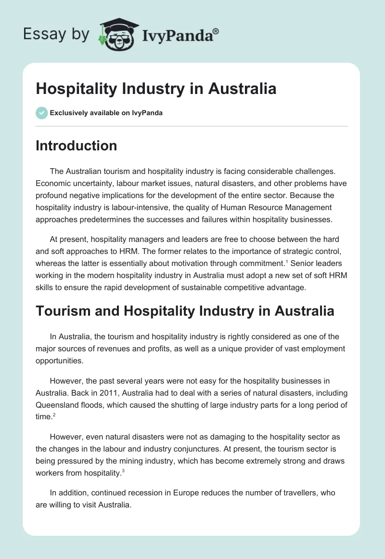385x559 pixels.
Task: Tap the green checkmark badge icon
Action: click(41, 113)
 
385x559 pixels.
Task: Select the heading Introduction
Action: click(76, 146)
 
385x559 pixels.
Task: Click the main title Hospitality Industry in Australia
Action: click(156, 89)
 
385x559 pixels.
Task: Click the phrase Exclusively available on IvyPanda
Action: click(106, 113)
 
